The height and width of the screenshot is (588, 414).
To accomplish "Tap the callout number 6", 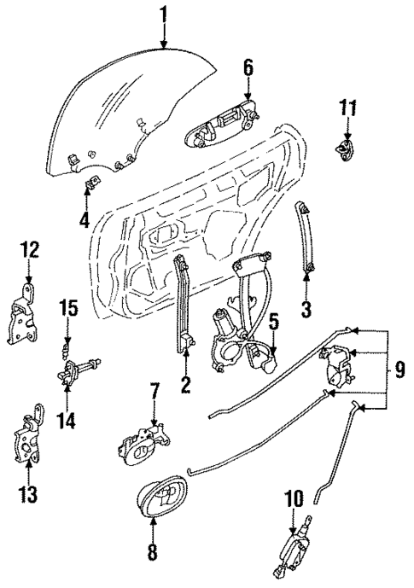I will pos(248,66).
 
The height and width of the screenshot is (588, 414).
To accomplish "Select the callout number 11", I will pos(347,108).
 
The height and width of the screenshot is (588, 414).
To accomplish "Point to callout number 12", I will pos(30,249).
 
